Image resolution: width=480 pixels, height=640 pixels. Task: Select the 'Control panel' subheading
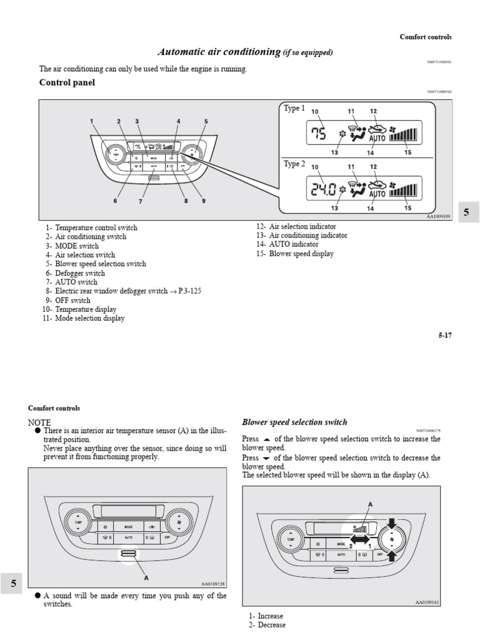[x=67, y=82]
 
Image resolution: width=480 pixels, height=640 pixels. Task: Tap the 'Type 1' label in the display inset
[x=294, y=108]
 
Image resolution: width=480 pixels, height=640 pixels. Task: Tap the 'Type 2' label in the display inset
[x=294, y=164]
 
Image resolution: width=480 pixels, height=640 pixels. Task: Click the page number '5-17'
[x=444, y=335]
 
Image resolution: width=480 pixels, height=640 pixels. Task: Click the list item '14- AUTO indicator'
[x=287, y=244]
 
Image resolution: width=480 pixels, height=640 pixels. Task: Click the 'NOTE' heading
[x=39, y=422]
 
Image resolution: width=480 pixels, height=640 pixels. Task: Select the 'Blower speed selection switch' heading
[x=294, y=422]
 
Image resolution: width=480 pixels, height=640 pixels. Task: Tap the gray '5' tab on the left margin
[x=13, y=584]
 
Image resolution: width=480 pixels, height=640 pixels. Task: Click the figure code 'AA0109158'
[x=212, y=584]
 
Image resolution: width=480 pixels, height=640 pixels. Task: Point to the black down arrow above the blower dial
[x=392, y=522]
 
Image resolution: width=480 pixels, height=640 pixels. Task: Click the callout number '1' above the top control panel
[x=91, y=121]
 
